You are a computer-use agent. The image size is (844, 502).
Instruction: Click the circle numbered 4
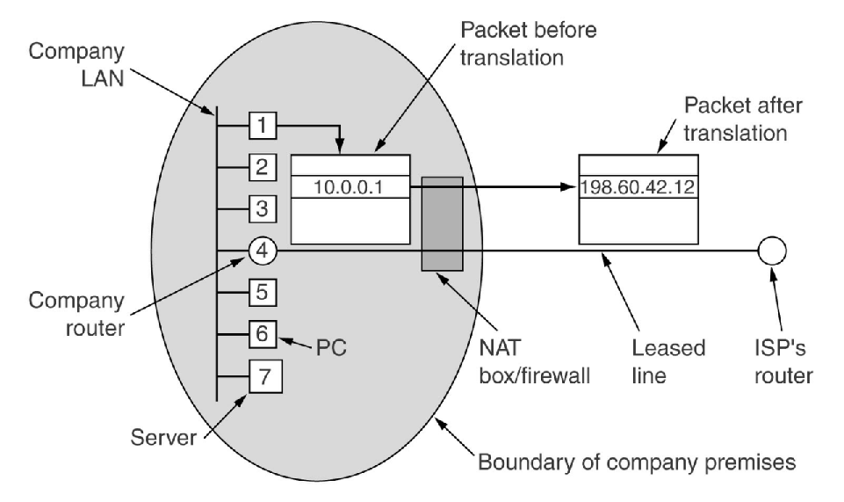pos(263,252)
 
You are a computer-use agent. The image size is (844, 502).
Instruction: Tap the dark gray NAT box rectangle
pos(442,223)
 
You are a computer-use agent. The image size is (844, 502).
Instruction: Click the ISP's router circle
pos(771,252)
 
